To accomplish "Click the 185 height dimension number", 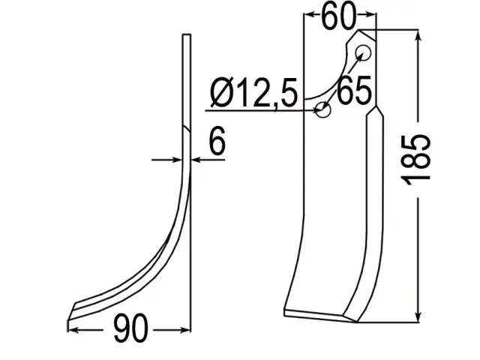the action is click(418, 160).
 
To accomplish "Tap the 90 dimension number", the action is click(130, 328).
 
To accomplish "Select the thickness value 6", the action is click(217, 140).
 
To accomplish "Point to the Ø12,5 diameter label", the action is click(253, 93).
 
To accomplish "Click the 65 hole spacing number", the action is click(354, 90).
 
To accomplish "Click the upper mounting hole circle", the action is click(363, 53).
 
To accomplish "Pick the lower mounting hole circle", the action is click(322, 109).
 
